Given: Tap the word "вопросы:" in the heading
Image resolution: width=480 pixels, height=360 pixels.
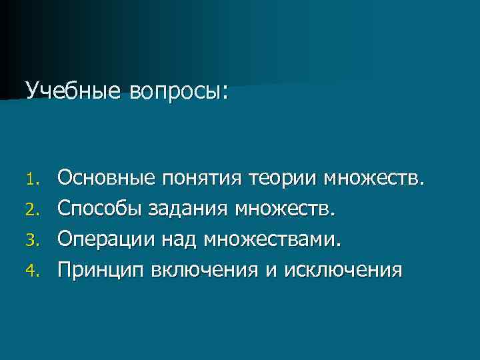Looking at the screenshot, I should [175, 91].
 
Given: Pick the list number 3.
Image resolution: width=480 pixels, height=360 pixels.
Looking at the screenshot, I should [37, 241].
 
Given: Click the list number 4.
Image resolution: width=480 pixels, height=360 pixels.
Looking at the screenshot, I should [37, 271].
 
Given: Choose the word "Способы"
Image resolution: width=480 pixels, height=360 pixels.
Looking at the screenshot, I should [100, 209].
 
